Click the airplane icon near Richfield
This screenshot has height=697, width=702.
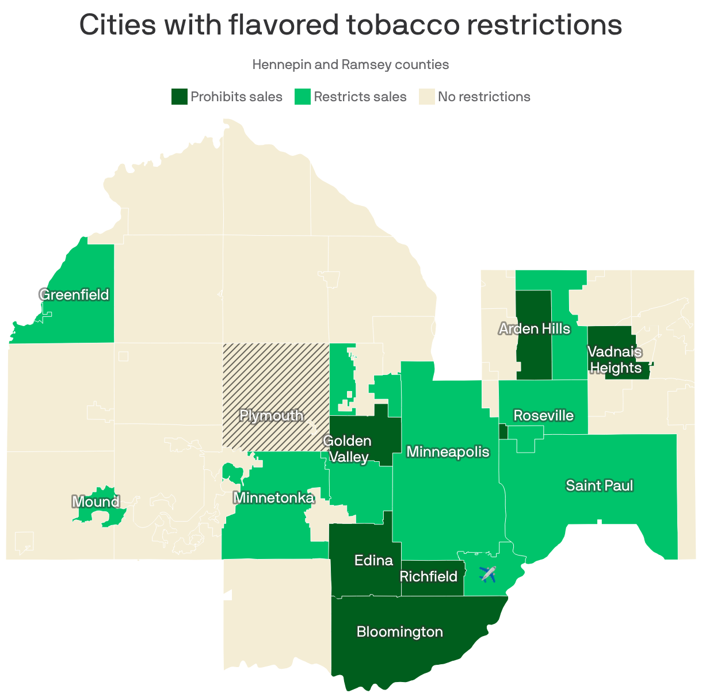[x=487, y=574]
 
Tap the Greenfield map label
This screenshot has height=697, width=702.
[x=74, y=295]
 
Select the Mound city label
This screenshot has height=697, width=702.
[x=96, y=502]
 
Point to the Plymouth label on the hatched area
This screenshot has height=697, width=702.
[x=271, y=415]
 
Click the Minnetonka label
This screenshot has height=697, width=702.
[x=274, y=497]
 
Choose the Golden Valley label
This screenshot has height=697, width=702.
[x=347, y=449]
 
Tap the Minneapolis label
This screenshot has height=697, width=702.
[x=448, y=452]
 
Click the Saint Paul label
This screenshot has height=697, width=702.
[x=599, y=485]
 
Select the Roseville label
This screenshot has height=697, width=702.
[x=543, y=415]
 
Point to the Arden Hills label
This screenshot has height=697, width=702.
[x=534, y=329]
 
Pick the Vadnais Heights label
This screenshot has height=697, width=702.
[x=615, y=359]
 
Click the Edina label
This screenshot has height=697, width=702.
[x=373, y=560]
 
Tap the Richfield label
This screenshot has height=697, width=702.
[x=428, y=576]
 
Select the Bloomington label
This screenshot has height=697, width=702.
[x=399, y=632]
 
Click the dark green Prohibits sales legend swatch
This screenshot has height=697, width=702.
[x=179, y=97]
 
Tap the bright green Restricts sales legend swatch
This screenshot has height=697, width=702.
[x=303, y=97]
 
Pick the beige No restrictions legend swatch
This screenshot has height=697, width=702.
[x=426, y=97]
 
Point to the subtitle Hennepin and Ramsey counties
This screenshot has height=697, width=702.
[x=350, y=64]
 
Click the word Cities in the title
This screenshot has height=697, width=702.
[x=118, y=25]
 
